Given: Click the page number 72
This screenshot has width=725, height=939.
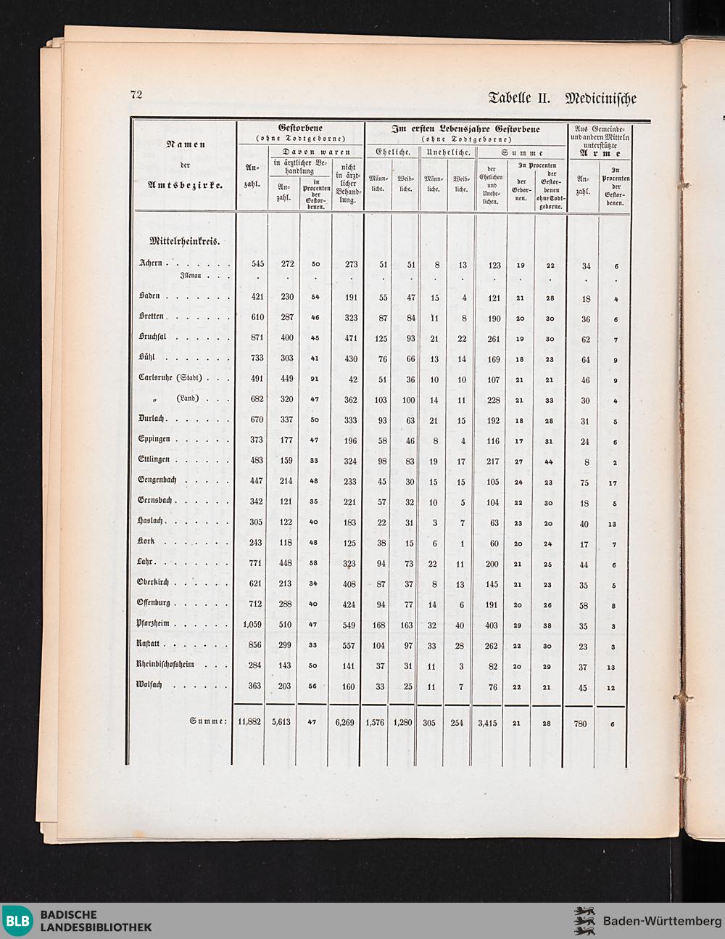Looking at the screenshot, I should point(136,94).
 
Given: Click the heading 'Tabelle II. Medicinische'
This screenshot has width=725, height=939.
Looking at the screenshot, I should point(563,97).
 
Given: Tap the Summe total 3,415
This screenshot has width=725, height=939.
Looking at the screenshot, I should point(490,723).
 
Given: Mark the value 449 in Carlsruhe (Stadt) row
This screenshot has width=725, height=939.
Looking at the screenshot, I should point(287,380).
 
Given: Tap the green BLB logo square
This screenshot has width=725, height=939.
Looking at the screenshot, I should point(19,921).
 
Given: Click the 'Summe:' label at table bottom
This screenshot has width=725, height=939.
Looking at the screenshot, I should point(209,721).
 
